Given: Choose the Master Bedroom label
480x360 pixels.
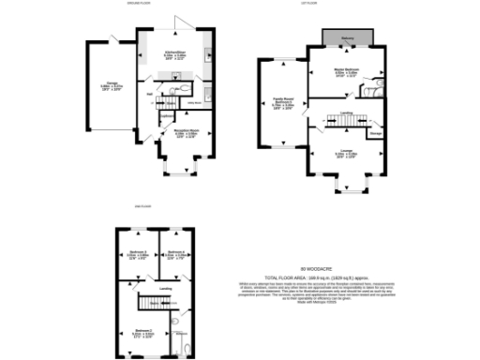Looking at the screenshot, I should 349,73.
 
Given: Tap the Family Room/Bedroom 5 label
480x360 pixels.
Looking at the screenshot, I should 282,104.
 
